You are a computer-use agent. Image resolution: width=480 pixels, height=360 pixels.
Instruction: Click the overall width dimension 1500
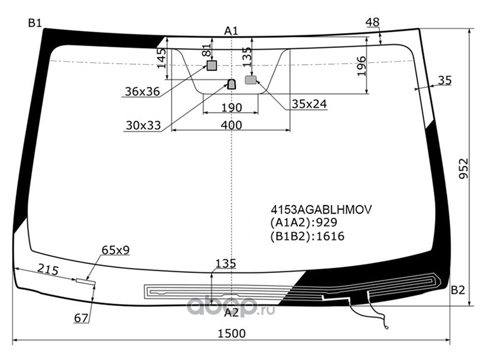pyautogui.click(x=232, y=334)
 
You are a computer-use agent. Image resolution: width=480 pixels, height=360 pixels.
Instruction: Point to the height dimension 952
pyautogui.click(x=464, y=169)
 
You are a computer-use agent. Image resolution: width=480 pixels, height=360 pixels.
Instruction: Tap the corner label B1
pyautogui.click(x=35, y=23)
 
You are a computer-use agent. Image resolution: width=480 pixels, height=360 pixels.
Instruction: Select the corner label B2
pyautogui.click(x=458, y=290)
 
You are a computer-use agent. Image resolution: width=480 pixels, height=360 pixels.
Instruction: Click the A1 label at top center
pyautogui.click(x=231, y=31)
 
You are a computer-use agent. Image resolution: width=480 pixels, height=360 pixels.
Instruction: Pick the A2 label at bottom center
pyautogui.click(x=231, y=313)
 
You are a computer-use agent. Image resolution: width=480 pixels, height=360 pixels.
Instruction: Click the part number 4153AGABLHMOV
pyautogui.click(x=321, y=209)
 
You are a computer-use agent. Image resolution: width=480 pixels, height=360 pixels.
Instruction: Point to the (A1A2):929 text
pyautogui.click(x=304, y=223)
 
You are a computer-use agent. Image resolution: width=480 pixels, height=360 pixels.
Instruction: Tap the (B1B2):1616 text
pyautogui.click(x=307, y=236)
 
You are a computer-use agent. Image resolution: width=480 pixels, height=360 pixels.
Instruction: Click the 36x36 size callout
pyautogui.click(x=142, y=91)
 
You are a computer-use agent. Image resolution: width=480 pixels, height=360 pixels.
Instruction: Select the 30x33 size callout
pyautogui.click(x=143, y=125)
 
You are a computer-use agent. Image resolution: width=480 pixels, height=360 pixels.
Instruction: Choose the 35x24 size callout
pyautogui.click(x=309, y=104)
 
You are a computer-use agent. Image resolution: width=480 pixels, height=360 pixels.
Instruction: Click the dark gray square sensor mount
pyautogui.click(x=212, y=65)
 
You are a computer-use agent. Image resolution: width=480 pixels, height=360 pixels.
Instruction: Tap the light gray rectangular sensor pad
pyautogui.click(x=251, y=80)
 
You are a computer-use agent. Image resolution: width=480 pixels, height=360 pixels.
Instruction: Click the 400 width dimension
pyautogui.click(x=231, y=125)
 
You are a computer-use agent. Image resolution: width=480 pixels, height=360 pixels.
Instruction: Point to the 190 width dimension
pyautogui.click(x=232, y=108)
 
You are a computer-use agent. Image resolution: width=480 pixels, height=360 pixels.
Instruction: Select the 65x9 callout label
pyautogui.click(x=116, y=250)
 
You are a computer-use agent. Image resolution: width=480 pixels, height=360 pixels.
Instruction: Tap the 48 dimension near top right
pyautogui.click(x=373, y=22)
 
